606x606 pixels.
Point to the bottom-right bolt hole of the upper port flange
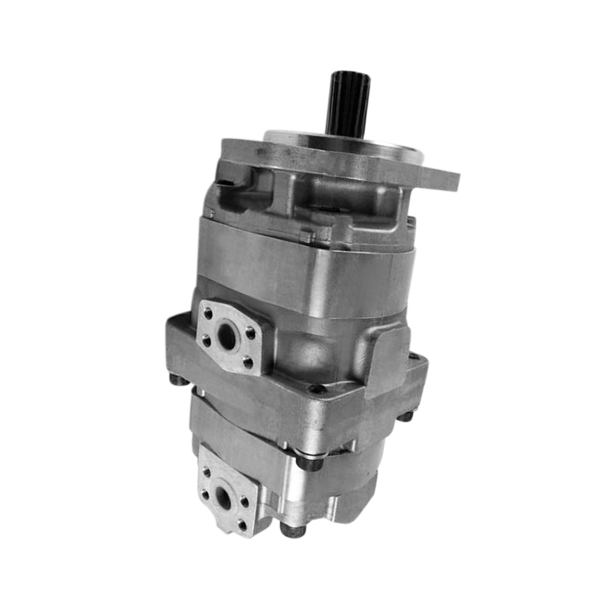247,361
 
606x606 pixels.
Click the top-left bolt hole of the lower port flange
207,473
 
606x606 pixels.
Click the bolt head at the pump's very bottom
288,530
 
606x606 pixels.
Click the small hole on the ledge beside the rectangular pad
317,389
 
